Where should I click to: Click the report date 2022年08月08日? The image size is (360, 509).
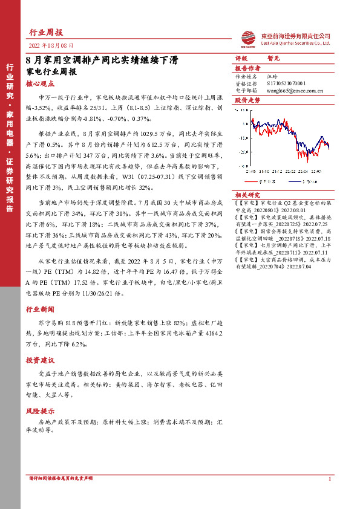point(51,46)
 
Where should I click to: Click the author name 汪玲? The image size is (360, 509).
point(272,77)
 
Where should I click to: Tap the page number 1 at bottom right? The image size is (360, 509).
point(329,479)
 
